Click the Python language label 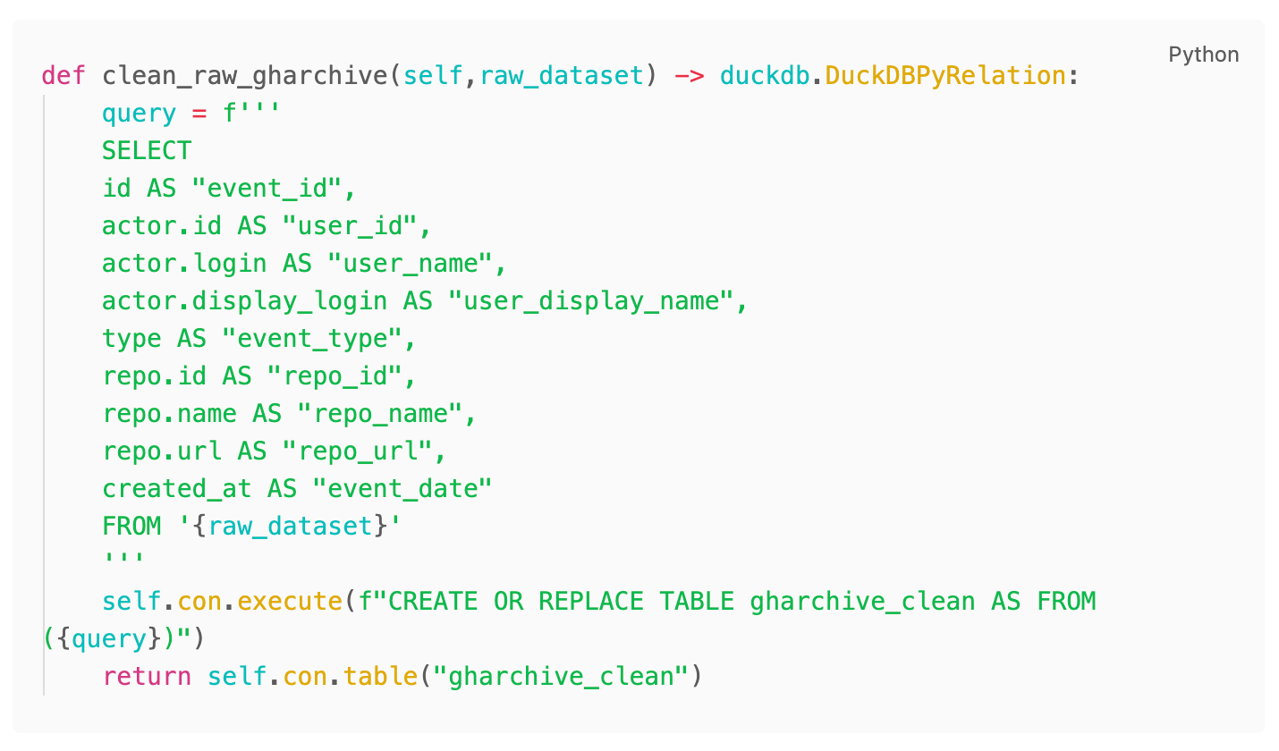coord(1203,55)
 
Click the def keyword coord(64,75)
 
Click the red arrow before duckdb coord(689,75)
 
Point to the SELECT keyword coord(147,150)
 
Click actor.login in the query coord(184,263)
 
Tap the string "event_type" coord(318,338)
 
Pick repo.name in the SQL coord(169,413)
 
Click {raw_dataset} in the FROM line coord(290,526)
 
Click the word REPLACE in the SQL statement coord(590,601)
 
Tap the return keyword coord(147,676)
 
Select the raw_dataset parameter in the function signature coord(561,75)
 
